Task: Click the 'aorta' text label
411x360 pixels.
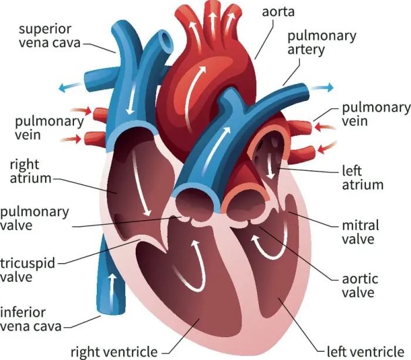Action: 278,12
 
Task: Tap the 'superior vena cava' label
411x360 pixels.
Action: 49,36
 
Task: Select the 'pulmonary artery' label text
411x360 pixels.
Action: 322,42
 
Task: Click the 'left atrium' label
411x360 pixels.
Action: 362,177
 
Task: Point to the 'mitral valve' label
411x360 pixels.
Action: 361,232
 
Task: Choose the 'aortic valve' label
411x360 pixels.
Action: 360,286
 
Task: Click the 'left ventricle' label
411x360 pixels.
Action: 365,352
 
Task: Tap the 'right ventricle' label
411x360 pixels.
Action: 114,352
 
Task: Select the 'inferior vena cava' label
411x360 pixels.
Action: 31,319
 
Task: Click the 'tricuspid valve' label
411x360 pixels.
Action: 28,270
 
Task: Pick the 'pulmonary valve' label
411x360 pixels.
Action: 34,218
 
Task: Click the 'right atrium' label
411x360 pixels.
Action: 31,171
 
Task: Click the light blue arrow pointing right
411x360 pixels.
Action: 322,88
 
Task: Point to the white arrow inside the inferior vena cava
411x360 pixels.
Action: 113,291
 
